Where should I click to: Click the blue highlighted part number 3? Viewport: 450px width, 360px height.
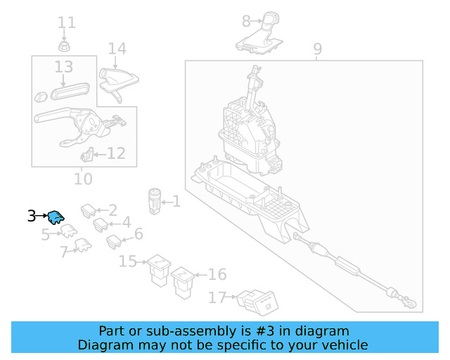56,217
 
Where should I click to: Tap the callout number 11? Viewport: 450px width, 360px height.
67,22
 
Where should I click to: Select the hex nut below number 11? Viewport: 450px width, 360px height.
64,46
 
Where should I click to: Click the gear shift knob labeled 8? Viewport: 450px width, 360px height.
259,33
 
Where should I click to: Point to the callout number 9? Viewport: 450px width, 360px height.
317,49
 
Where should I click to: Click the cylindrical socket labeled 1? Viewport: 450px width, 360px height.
155,202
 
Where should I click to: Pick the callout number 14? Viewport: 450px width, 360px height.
117,49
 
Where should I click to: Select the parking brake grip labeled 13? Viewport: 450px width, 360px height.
70,91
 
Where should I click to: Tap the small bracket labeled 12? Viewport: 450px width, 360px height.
87,155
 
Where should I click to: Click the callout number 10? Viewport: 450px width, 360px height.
83,179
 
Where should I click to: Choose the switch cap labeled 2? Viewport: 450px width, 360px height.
89,211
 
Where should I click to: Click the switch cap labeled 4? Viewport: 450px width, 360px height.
101,224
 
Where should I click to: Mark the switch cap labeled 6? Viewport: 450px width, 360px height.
114,242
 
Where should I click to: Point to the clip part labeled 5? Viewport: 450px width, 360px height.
69,231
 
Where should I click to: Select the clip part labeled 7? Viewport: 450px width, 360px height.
83,245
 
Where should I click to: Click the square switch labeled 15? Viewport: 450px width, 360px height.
159,270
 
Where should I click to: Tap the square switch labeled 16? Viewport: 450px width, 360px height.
183,283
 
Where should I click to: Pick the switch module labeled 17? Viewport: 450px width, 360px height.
257,303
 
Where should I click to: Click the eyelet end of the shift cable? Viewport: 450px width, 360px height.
411,304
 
